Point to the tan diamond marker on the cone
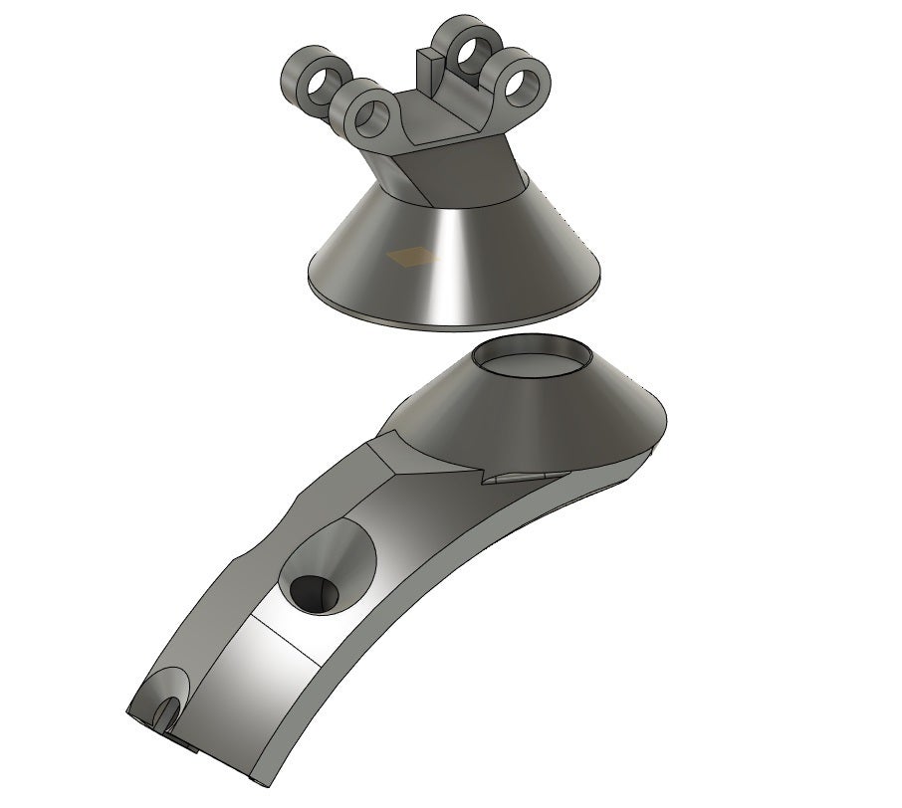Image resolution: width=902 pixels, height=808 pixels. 413,258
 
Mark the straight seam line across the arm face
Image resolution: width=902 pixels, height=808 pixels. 289,637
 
